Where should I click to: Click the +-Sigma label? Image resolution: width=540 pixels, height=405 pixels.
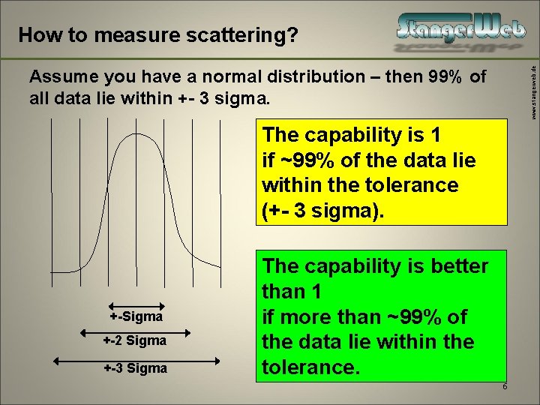click(136, 316)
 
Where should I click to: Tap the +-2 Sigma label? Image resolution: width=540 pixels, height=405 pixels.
click(136, 340)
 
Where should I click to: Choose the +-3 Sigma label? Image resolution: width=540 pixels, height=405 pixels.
click(136, 368)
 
